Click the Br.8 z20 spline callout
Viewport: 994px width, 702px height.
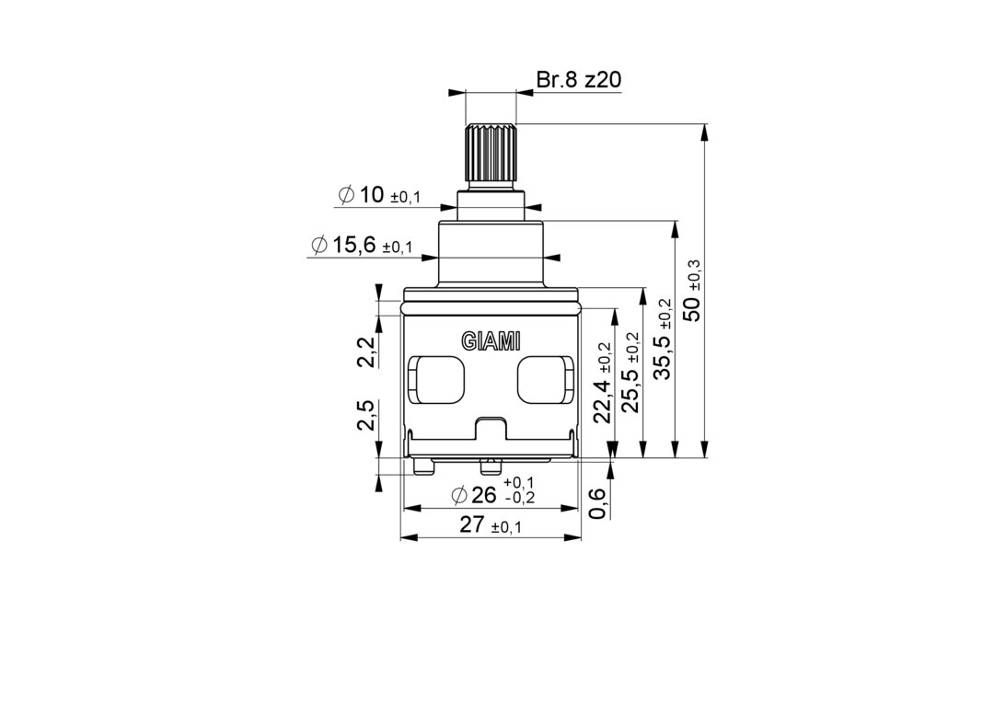click(x=578, y=80)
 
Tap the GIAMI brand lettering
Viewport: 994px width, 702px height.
click(x=491, y=340)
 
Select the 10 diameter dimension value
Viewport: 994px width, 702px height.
click(x=372, y=194)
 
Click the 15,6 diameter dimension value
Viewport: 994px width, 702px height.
click(x=353, y=244)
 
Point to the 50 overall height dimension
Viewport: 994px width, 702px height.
click(x=693, y=308)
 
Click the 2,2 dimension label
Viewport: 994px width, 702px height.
click(x=366, y=352)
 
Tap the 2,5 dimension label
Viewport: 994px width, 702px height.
click(x=366, y=415)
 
